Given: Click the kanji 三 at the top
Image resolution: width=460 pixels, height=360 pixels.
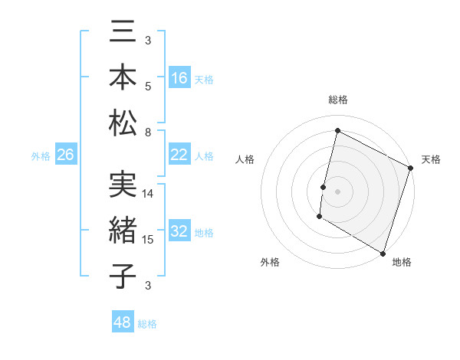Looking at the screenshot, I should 123,35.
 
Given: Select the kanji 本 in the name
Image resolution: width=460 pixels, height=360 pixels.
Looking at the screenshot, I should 123,77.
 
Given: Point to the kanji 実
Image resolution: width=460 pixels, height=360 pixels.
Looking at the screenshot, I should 123,188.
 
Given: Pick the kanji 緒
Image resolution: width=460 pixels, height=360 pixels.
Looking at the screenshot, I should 123,232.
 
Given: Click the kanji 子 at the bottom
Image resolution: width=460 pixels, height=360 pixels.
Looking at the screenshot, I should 123,276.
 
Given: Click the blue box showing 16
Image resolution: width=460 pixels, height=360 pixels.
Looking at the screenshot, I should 179,77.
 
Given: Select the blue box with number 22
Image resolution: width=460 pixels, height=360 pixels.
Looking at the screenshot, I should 179,155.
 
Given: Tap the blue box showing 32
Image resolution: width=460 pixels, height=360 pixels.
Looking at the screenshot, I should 179,232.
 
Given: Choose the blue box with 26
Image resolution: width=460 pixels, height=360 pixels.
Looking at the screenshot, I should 65,155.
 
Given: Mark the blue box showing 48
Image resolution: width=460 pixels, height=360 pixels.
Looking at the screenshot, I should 123,322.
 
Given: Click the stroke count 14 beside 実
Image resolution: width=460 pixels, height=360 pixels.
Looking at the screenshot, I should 148,194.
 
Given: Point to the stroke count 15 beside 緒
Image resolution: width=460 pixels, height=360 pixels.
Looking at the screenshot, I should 148,240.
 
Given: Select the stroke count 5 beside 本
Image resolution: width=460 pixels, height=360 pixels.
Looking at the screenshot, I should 148,87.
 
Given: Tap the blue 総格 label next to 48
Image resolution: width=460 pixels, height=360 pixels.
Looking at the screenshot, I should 147,324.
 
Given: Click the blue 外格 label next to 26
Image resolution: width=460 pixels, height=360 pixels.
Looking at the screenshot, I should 41,156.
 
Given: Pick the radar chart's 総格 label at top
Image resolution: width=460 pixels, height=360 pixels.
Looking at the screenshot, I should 337,100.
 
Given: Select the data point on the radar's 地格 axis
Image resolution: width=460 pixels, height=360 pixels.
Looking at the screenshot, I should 382,253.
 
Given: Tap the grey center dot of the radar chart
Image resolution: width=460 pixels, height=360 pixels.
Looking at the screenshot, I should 337,191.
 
